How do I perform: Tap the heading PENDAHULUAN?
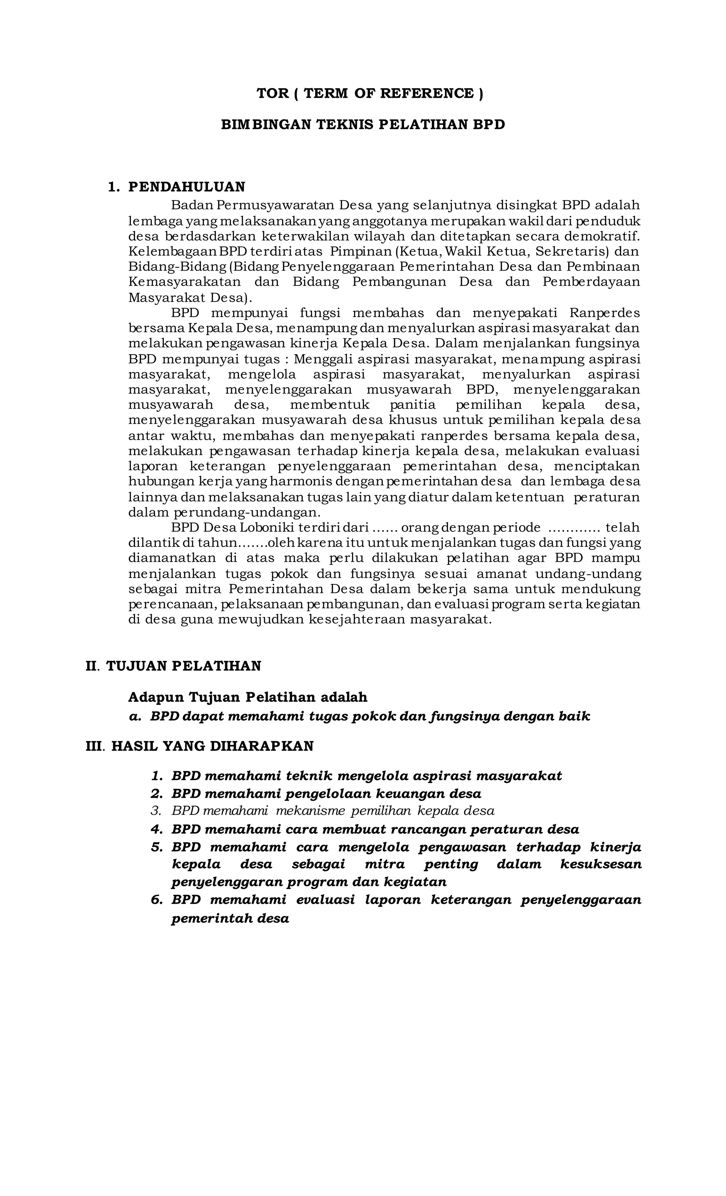pos(186,187)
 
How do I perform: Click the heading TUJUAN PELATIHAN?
pos(183,666)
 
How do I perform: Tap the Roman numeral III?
pos(94,746)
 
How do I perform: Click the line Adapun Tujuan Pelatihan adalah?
pos(247,697)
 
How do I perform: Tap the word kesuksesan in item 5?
pos(600,864)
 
